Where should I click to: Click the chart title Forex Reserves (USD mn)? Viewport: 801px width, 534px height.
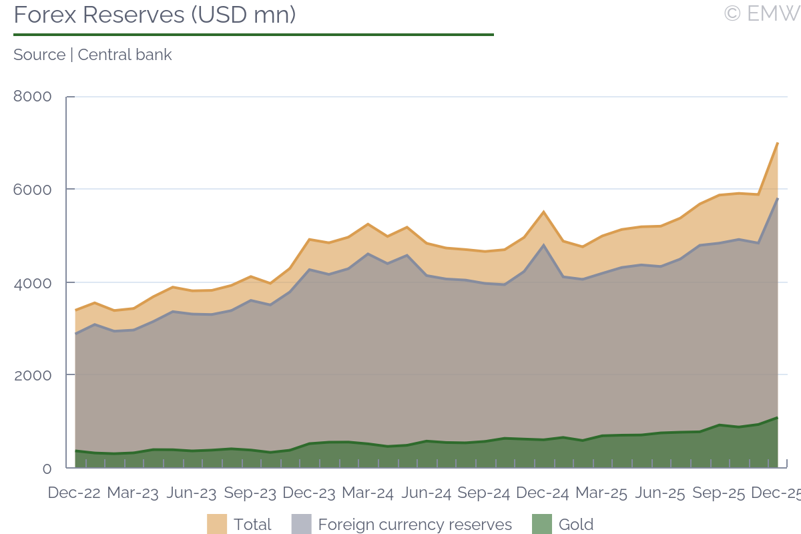coord(154,15)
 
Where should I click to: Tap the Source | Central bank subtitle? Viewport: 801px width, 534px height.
coord(93,55)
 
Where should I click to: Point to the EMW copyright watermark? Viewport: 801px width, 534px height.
coord(762,13)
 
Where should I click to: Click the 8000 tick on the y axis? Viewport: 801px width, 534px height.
coord(33,97)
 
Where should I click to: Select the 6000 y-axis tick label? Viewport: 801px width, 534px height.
coord(33,190)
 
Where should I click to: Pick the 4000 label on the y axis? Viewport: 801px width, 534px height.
coord(33,282)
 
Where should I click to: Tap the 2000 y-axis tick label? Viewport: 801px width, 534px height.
coord(33,375)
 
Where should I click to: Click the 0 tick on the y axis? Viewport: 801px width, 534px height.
coord(47,469)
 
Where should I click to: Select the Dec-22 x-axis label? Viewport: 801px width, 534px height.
coord(74,493)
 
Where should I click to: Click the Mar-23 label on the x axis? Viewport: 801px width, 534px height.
coord(133,493)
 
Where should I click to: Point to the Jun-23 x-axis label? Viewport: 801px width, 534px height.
coord(192,493)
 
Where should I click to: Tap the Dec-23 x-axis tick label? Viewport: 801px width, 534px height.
coord(309,493)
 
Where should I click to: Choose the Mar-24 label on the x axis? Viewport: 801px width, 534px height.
coord(368,493)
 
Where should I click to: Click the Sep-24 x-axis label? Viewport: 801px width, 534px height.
coord(485,493)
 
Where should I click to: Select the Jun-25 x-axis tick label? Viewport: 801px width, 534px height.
coord(660,493)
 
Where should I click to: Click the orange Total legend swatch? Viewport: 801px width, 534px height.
coord(217,524)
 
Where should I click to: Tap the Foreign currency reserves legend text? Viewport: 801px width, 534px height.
coord(415,525)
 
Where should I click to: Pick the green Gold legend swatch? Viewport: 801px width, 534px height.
coord(542,524)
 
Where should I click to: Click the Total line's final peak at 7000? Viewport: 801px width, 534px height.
coord(778,143)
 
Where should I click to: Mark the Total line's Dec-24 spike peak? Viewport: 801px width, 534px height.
coord(543,212)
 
